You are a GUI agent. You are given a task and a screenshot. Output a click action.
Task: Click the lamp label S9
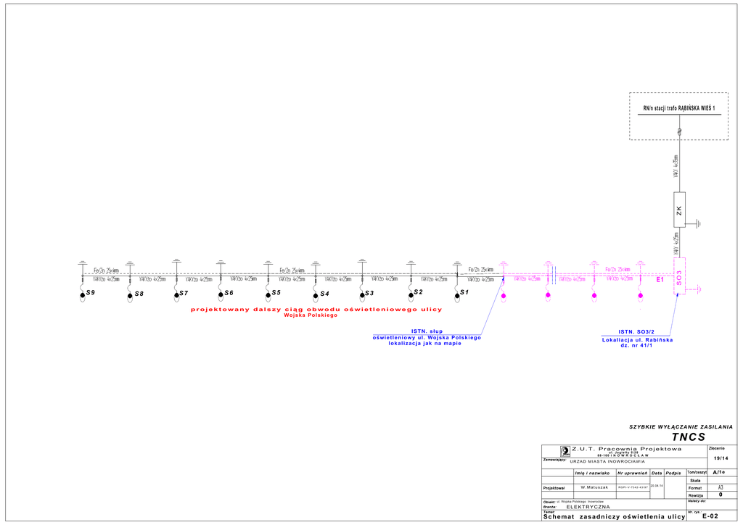point(91,292)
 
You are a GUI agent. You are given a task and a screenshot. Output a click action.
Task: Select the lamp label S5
point(276,292)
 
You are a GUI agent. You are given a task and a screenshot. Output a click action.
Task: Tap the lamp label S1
point(464,292)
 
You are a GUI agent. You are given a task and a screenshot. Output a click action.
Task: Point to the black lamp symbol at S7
point(176,295)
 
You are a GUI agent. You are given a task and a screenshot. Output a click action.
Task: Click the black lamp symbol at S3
point(361,295)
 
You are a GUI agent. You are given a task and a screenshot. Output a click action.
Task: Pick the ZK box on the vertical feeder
point(679,210)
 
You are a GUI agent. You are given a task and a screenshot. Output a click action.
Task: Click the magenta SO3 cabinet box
point(679,276)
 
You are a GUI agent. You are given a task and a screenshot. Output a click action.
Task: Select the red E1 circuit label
point(660,279)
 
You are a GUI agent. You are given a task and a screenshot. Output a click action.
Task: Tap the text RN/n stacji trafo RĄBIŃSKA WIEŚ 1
point(678,109)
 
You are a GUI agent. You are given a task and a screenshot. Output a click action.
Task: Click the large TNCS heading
point(688,437)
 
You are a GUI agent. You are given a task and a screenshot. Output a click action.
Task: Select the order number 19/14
point(721,458)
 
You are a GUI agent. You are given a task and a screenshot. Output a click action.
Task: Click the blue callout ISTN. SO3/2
point(636,332)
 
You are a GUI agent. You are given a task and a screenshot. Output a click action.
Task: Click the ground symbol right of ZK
point(698,223)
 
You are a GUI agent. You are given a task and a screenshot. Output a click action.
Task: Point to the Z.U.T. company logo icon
point(564,451)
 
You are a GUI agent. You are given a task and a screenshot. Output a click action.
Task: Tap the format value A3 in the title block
point(721,488)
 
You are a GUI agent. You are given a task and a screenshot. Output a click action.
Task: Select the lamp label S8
point(139,294)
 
